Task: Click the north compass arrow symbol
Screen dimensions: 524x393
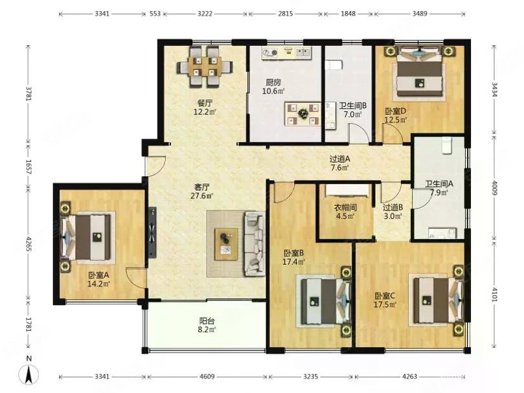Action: tap(28, 374)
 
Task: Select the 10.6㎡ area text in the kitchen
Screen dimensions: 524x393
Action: tap(273, 91)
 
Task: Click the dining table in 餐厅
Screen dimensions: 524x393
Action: tap(204, 67)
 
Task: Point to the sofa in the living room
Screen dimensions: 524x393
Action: tap(255, 243)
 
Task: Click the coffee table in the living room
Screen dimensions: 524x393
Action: tap(226, 244)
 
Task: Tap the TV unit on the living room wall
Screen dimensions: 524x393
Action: tap(152, 232)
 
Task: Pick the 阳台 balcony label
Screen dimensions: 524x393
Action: tap(207, 321)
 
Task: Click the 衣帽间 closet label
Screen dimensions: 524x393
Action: tap(345, 208)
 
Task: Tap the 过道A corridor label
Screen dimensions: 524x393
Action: tap(340, 159)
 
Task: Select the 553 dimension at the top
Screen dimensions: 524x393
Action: tap(155, 14)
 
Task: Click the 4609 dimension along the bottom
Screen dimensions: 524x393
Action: tap(207, 377)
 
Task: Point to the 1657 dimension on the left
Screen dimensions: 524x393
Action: tap(28, 167)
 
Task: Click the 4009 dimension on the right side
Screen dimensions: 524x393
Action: tap(495, 188)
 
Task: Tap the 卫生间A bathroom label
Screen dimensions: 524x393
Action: tap(439, 184)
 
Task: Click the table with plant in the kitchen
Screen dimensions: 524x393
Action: tap(302, 114)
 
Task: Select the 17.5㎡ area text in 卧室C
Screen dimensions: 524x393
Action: tap(385, 304)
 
